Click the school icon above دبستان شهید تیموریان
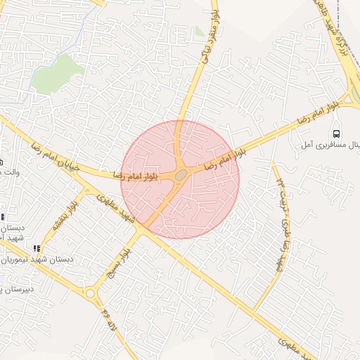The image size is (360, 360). pos(37,248)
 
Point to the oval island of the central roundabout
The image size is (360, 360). pos(181,174)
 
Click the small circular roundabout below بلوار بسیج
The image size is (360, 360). pos(90,292)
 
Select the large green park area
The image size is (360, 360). pos(56,74)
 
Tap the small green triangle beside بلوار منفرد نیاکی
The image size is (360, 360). pos(200,32)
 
